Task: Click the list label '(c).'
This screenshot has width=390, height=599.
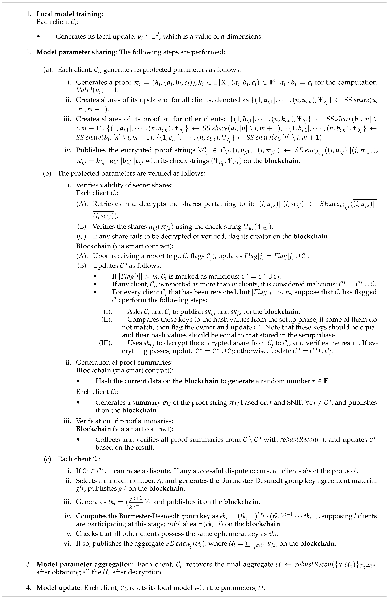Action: point(48,459)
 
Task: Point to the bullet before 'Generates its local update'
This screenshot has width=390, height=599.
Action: point(38,37)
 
